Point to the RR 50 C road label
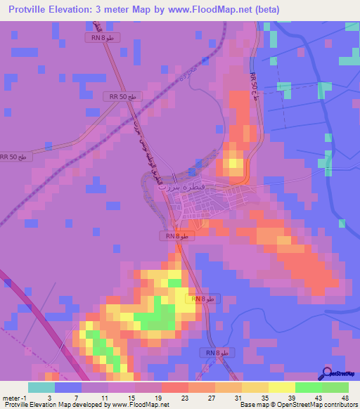click(x=254, y=86)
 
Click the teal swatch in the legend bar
click(x=41, y=387)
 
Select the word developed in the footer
click(x=79, y=405)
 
